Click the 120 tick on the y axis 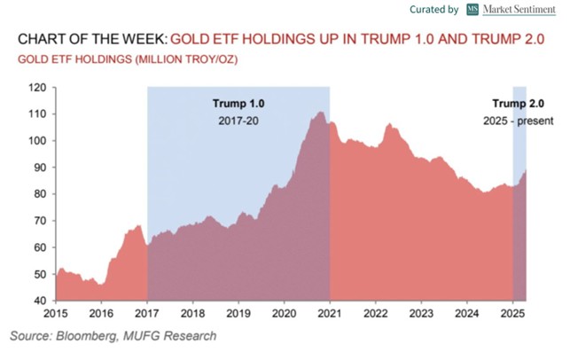pyautogui.click(x=38, y=88)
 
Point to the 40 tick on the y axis pyautogui.click(x=38, y=301)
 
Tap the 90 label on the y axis pyautogui.click(x=39, y=168)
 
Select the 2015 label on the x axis pyautogui.click(x=55, y=314)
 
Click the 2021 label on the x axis pyautogui.click(x=329, y=314)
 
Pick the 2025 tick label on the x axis pyautogui.click(x=513, y=314)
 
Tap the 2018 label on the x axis pyautogui.click(x=192, y=314)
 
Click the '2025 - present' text pyautogui.click(x=516, y=120)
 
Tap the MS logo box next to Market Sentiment pyautogui.click(x=473, y=10)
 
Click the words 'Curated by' pyautogui.click(x=435, y=10)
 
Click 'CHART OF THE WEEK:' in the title pyautogui.click(x=89, y=40)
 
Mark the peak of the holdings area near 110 pyautogui.click(x=319, y=113)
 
